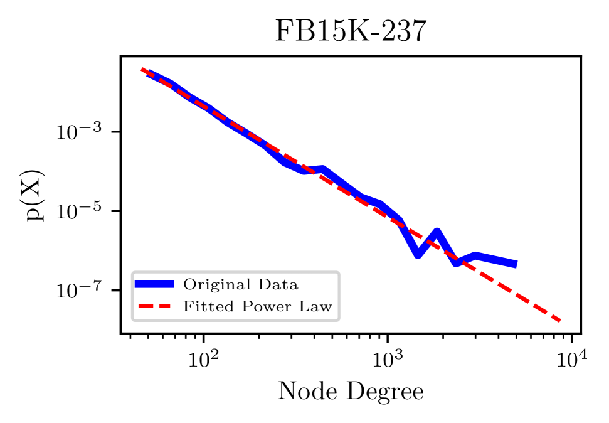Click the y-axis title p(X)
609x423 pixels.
click(35, 195)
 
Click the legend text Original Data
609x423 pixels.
click(240, 284)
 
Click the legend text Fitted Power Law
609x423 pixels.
click(257, 306)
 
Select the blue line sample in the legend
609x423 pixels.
click(154, 284)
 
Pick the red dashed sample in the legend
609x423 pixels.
click(154, 306)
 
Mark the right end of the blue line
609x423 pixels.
click(516, 265)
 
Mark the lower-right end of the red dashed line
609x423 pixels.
click(560, 321)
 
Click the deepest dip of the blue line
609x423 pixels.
click(418, 254)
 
